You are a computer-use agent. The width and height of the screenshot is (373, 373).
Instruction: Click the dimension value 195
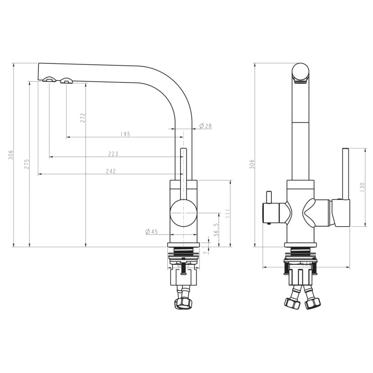(x=124, y=134)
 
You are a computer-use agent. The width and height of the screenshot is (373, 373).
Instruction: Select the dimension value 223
(x=113, y=154)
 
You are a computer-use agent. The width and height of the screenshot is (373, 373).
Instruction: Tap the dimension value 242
(x=111, y=171)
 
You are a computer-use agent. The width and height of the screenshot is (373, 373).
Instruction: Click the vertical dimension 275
(x=27, y=164)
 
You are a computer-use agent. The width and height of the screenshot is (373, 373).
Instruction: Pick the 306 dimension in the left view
(x=10, y=155)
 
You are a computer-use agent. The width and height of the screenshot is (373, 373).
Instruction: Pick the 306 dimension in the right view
(x=252, y=164)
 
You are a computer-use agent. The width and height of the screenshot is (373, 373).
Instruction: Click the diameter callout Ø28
(x=205, y=126)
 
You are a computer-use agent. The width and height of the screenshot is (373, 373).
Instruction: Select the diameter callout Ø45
(x=152, y=231)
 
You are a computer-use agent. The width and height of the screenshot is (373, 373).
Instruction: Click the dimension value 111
(x=227, y=214)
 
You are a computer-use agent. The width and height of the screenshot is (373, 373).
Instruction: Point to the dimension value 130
(x=362, y=187)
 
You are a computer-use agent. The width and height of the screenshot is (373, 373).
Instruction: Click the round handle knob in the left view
(x=183, y=213)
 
